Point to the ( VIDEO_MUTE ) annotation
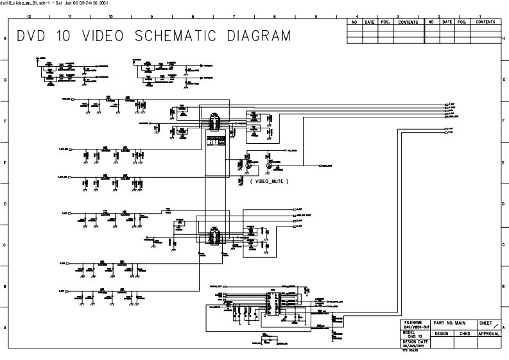pyautogui.click(x=269, y=182)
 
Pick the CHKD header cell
pyautogui.click(x=464, y=334)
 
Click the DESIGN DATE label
pyautogui.click(x=412, y=341)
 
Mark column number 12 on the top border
pyautogui.click(x=29, y=15)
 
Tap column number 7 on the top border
pyautogui.click(x=234, y=15)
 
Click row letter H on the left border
pyautogui.click(x=5, y=39)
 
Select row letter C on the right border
pyautogui.click(x=504, y=245)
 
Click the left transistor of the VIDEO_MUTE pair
pyautogui.click(x=248, y=166)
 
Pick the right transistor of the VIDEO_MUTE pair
pyautogui.click(x=270, y=166)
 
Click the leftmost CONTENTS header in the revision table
pyautogui.click(x=408, y=22)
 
